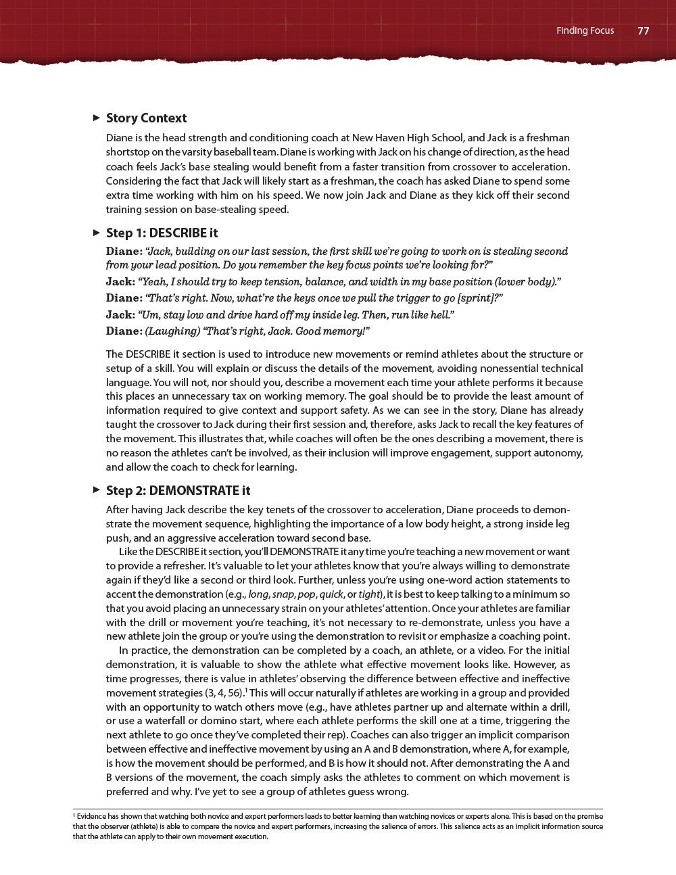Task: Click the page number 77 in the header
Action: [643, 30]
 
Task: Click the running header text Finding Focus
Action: [585, 30]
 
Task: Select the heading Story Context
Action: [146, 118]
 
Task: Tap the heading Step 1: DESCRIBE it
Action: [162, 233]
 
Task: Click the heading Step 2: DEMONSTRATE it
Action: [178, 491]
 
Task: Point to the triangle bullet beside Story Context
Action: [96, 118]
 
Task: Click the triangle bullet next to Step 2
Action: [96, 490]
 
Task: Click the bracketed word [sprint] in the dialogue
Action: [480, 298]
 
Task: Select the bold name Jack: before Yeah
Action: [120, 282]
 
